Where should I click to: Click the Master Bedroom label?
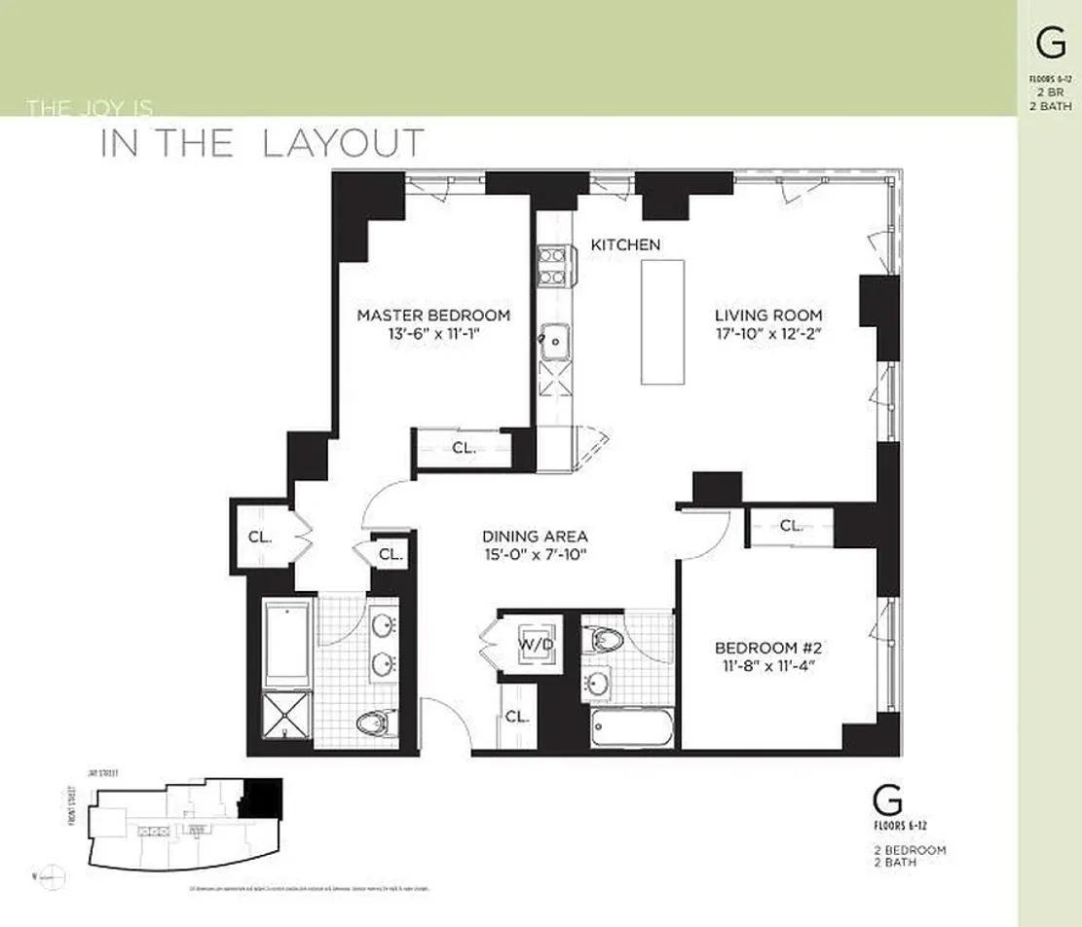point(432,315)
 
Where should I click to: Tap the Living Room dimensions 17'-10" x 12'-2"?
point(768,334)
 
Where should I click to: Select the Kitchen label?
point(625,245)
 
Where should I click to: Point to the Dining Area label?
point(535,537)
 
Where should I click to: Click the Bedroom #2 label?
point(768,649)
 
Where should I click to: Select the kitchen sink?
point(556,341)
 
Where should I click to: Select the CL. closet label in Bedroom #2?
point(791,526)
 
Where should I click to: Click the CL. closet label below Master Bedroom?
point(463,449)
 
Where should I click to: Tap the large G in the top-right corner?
point(1050,45)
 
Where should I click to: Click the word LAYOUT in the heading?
point(343,143)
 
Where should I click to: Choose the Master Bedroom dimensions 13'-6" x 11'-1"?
point(432,334)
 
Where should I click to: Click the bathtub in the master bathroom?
point(288,643)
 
